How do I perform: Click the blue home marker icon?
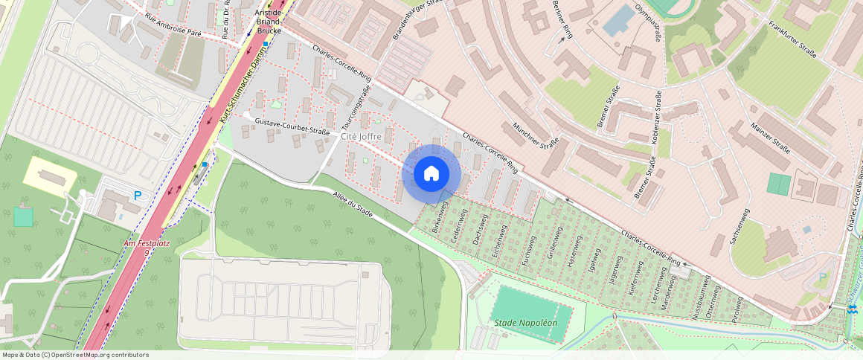(x=431, y=174)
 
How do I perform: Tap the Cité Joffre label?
(x=361, y=137)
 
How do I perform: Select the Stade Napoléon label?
(x=526, y=323)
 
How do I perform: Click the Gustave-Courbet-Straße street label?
(x=292, y=126)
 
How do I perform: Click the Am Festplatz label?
(x=141, y=245)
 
